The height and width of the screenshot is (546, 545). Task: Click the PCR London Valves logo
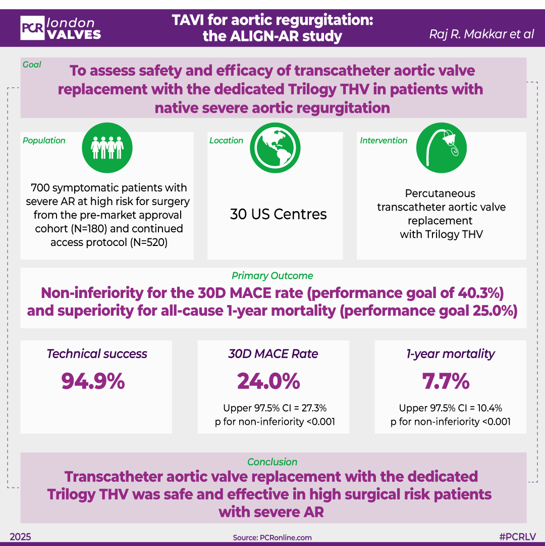click(61, 28)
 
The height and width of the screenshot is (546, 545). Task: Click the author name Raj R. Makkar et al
click(481, 34)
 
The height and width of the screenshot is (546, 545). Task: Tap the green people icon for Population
click(106, 146)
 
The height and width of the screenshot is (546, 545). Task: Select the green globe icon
click(275, 146)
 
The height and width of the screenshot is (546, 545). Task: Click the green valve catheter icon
click(441, 146)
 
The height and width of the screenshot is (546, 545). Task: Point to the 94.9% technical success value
click(93, 381)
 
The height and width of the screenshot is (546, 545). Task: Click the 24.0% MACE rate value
click(268, 381)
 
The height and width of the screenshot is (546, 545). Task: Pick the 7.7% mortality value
click(446, 381)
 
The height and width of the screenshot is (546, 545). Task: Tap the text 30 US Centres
click(278, 214)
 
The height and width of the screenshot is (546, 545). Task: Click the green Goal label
click(32, 65)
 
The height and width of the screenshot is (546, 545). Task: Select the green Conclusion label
click(272, 462)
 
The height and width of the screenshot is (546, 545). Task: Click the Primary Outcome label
click(272, 276)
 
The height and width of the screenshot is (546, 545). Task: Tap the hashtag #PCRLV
click(517, 537)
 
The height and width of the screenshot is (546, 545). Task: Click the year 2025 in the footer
click(20, 537)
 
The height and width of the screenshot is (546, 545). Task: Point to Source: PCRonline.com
click(272, 537)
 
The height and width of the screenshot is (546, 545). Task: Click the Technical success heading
click(97, 354)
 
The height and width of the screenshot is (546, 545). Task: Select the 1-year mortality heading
click(450, 354)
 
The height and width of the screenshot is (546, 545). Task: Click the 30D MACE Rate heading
click(273, 354)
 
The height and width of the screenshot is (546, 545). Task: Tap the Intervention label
click(384, 140)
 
